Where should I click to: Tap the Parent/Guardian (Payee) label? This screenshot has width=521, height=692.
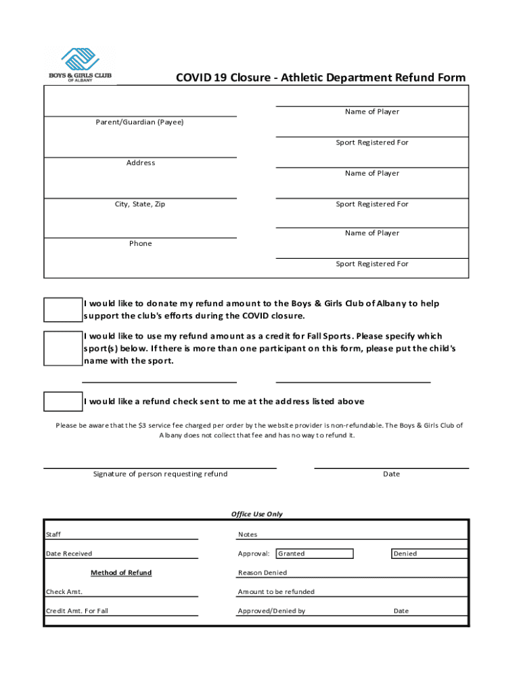click(139, 122)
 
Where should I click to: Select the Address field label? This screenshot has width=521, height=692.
click(141, 163)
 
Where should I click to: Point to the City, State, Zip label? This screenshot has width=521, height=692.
click(140, 204)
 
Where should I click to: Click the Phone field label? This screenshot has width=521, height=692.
click(141, 243)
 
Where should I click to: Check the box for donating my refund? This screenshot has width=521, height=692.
click(63, 310)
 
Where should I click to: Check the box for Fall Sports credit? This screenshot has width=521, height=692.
click(63, 348)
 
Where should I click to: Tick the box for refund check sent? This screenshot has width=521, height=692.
click(63, 401)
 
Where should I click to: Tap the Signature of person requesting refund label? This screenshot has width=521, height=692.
click(160, 474)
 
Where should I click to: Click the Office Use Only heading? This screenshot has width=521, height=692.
click(257, 514)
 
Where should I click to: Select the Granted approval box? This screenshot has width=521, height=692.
click(315, 554)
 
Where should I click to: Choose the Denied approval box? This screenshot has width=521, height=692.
click(430, 554)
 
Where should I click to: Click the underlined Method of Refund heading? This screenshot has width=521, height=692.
click(121, 573)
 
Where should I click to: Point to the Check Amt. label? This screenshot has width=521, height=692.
click(64, 592)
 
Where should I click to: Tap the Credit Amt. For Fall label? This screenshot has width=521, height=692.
click(76, 611)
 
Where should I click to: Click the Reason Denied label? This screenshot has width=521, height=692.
click(263, 573)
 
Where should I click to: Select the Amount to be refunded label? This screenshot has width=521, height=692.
click(276, 592)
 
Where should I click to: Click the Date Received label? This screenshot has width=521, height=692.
click(69, 554)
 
